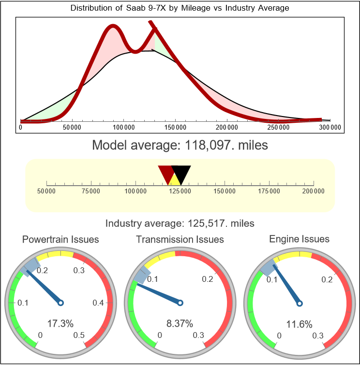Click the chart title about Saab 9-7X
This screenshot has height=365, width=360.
pos(180,8)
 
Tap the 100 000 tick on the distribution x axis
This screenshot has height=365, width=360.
pos(124,127)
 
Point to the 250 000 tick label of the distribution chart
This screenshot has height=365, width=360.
pos(279,127)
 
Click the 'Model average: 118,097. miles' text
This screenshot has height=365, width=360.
pos(180,145)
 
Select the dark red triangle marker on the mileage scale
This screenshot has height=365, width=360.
pos(166,173)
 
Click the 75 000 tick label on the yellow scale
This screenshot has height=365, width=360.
pos(91,191)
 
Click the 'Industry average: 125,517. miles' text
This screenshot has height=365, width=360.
pos(180,223)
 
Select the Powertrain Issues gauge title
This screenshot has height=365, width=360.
pos(60,239)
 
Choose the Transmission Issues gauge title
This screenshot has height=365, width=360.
pos(180,239)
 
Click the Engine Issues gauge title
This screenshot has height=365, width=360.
pos(299,239)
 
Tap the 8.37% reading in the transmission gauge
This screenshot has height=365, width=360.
pos(180,323)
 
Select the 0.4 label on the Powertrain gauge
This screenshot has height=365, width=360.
pos(98,303)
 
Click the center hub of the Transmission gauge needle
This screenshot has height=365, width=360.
pos(180,303)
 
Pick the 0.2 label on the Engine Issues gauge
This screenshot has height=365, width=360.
pos(326,279)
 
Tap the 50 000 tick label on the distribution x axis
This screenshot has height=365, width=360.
pos(72,127)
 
